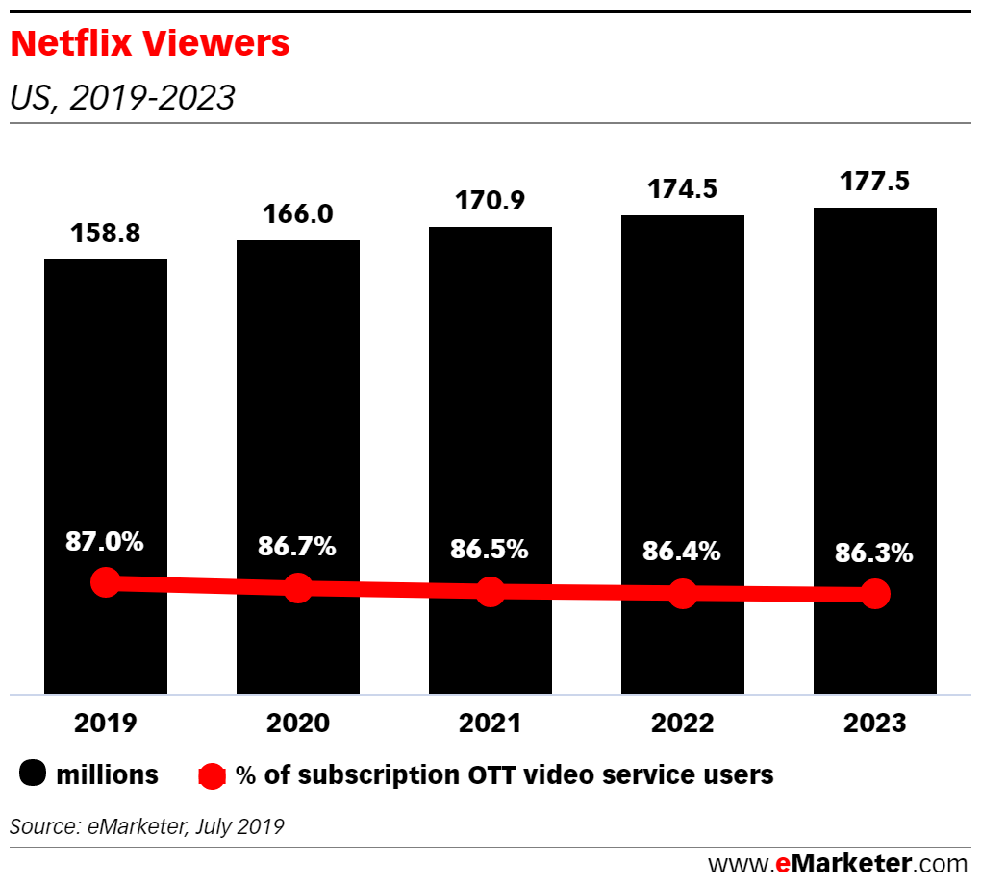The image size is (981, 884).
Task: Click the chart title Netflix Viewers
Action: (149, 43)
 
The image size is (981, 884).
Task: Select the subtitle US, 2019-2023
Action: (121, 98)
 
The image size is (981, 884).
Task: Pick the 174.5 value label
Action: (682, 190)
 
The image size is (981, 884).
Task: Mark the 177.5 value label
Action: (874, 181)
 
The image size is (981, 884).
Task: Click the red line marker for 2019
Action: (105, 582)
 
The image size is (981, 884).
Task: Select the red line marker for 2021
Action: (490, 592)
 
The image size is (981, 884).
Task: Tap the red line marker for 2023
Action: (875, 595)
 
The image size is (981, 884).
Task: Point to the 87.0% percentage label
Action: (105, 542)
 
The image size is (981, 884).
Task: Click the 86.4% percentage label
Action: (682, 552)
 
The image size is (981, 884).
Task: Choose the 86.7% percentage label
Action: (297, 547)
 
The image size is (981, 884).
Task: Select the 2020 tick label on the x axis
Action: (297, 723)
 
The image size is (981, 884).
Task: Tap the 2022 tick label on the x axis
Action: (682, 723)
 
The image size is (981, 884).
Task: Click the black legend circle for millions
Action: (33, 774)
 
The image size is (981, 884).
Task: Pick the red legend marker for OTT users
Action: (212, 775)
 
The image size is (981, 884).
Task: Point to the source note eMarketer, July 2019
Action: (147, 825)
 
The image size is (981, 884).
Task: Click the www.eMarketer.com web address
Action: (838, 862)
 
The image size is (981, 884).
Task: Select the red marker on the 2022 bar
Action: (683, 594)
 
